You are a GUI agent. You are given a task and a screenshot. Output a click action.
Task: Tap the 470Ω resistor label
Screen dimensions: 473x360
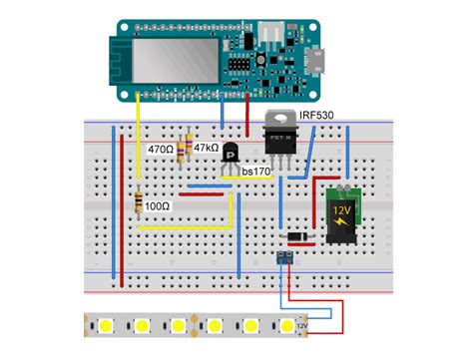click(160, 149)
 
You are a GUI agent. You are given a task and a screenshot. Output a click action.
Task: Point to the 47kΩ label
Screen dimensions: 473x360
click(207, 147)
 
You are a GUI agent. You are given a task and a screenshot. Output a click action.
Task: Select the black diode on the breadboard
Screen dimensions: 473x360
click(295, 236)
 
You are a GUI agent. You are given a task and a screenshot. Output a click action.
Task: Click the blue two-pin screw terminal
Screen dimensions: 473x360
click(285, 257)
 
